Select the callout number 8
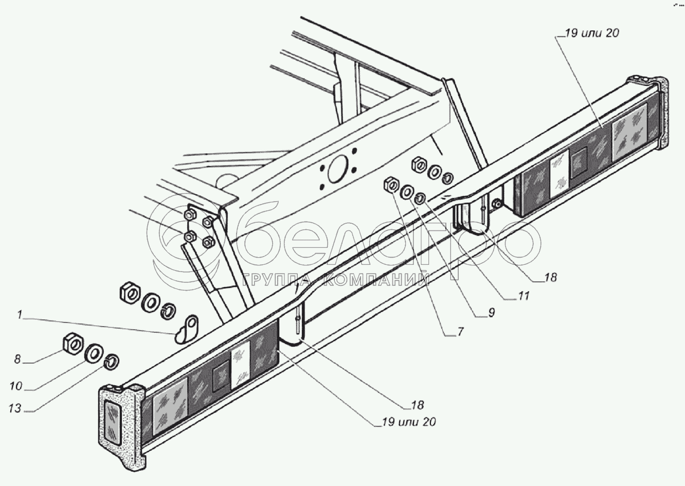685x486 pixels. (17, 359)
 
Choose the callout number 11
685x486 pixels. (524, 296)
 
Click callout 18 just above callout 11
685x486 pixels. (550, 277)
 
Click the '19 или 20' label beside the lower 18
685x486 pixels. (409, 422)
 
